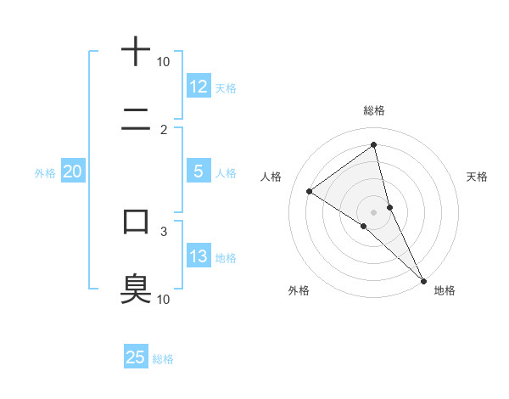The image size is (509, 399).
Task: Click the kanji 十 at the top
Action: pyautogui.click(x=136, y=52)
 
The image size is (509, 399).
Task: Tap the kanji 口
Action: pyautogui.click(x=136, y=222)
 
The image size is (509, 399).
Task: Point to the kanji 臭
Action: pyautogui.click(x=136, y=288)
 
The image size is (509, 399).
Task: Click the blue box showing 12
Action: pyautogui.click(x=199, y=87)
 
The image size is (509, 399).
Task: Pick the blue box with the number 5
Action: pyautogui.click(x=199, y=171)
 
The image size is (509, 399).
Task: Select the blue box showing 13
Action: pyautogui.click(x=199, y=256)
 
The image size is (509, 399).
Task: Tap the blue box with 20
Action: pyautogui.click(x=72, y=171)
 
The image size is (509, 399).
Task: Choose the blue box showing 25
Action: pyautogui.click(x=136, y=357)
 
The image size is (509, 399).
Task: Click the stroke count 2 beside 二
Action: pyautogui.click(x=164, y=130)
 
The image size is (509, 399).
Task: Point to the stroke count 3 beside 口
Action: pyautogui.click(x=164, y=230)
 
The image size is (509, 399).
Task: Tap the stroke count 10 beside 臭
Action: pyautogui.click(x=164, y=299)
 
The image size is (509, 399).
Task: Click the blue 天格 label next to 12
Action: pyautogui.click(x=226, y=87)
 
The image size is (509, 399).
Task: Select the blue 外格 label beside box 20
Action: pyautogui.click(x=45, y=172)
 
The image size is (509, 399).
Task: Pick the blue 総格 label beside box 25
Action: pyautogui.click(x=163, y=358)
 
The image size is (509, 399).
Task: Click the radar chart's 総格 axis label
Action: pyautogui.click(x=374, y=110)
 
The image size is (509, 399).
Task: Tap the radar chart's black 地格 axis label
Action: pyautogui.click(x=445, y=290)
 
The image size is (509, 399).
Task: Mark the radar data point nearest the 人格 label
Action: pyautogui.click(x=310, y=191)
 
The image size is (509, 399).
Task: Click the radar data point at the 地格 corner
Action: pyautogui.click(x=422, y=280)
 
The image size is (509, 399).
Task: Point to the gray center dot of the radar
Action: pyautogui.click(x=374, y=211)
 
